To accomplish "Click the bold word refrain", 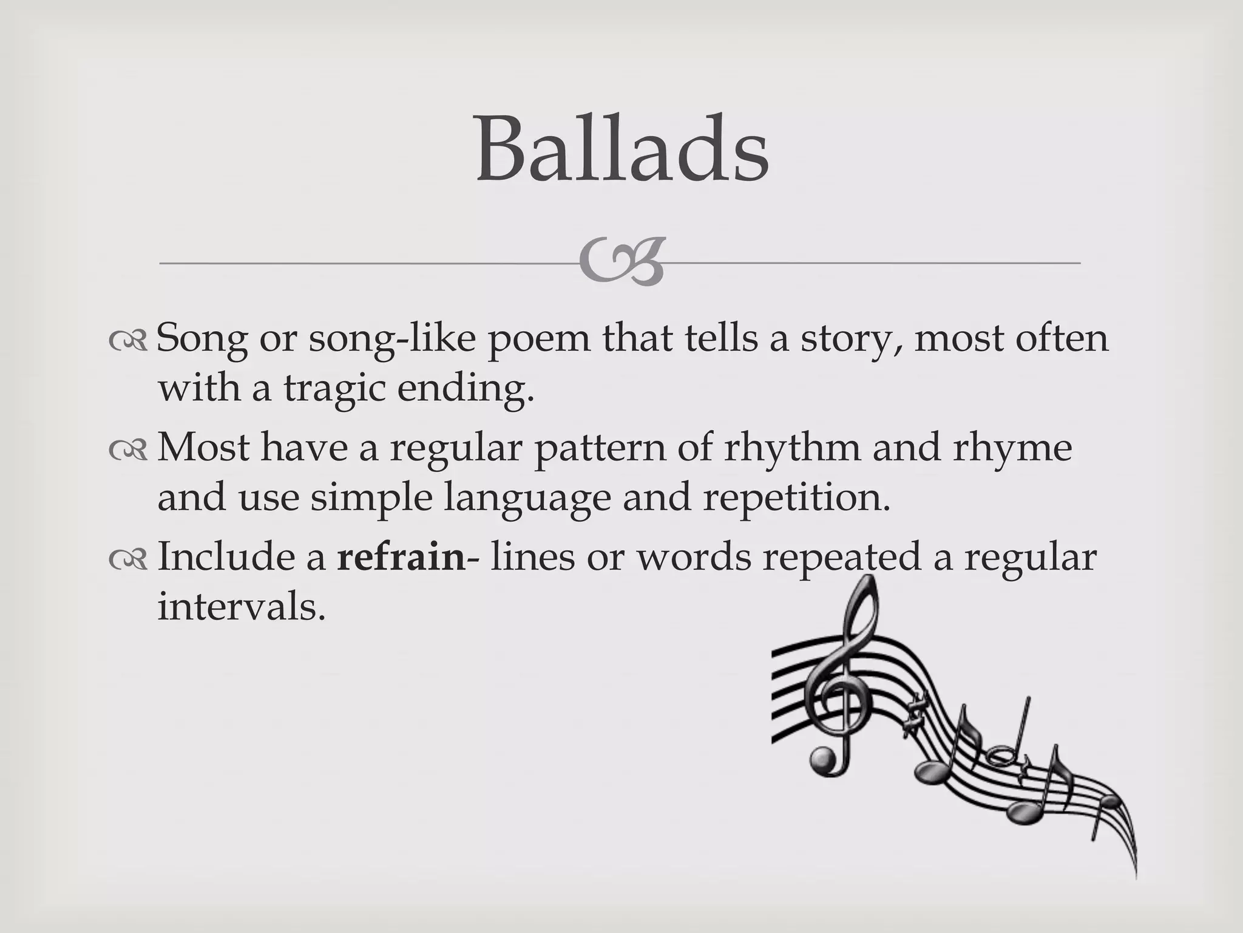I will [401, 556].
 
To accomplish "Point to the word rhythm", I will [792, 448].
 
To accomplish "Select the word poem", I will [539, 339].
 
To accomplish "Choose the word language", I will [527, 498].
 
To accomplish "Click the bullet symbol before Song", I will [128, 341].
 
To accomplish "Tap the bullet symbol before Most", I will [128, 450].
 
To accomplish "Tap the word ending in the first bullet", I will [466, 389].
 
